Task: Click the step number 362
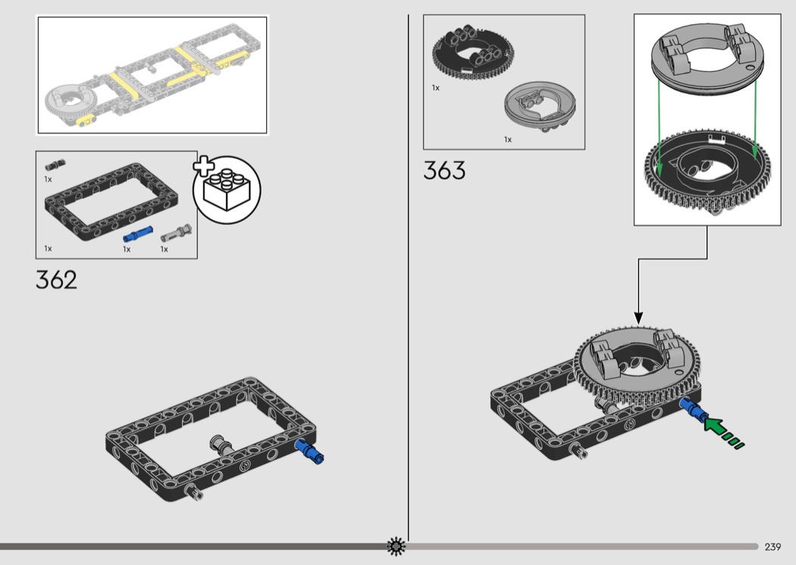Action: click(56, 280)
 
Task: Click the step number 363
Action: click(444, 170)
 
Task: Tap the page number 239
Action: click(772, 547)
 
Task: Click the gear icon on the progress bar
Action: click(396, 546)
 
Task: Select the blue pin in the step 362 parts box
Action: click(137, 234)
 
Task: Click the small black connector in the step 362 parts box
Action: click(55, 165)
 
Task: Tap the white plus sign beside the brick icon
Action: click(204, 167)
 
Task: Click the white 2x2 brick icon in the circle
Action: click(227, 189)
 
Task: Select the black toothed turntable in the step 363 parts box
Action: click(472, 52)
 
